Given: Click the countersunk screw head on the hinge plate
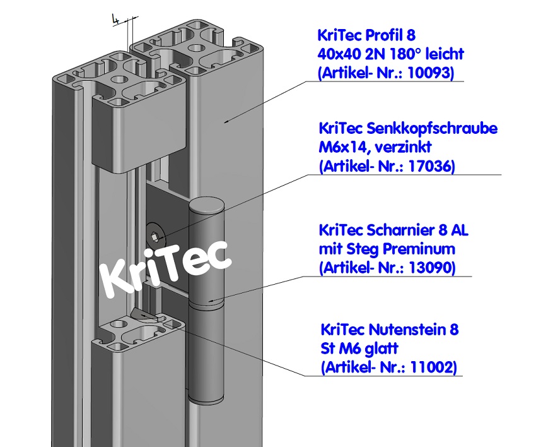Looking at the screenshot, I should coord(156,237).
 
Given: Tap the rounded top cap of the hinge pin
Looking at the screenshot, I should coord(207,206).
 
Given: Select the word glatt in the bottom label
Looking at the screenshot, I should coord(380,349).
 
